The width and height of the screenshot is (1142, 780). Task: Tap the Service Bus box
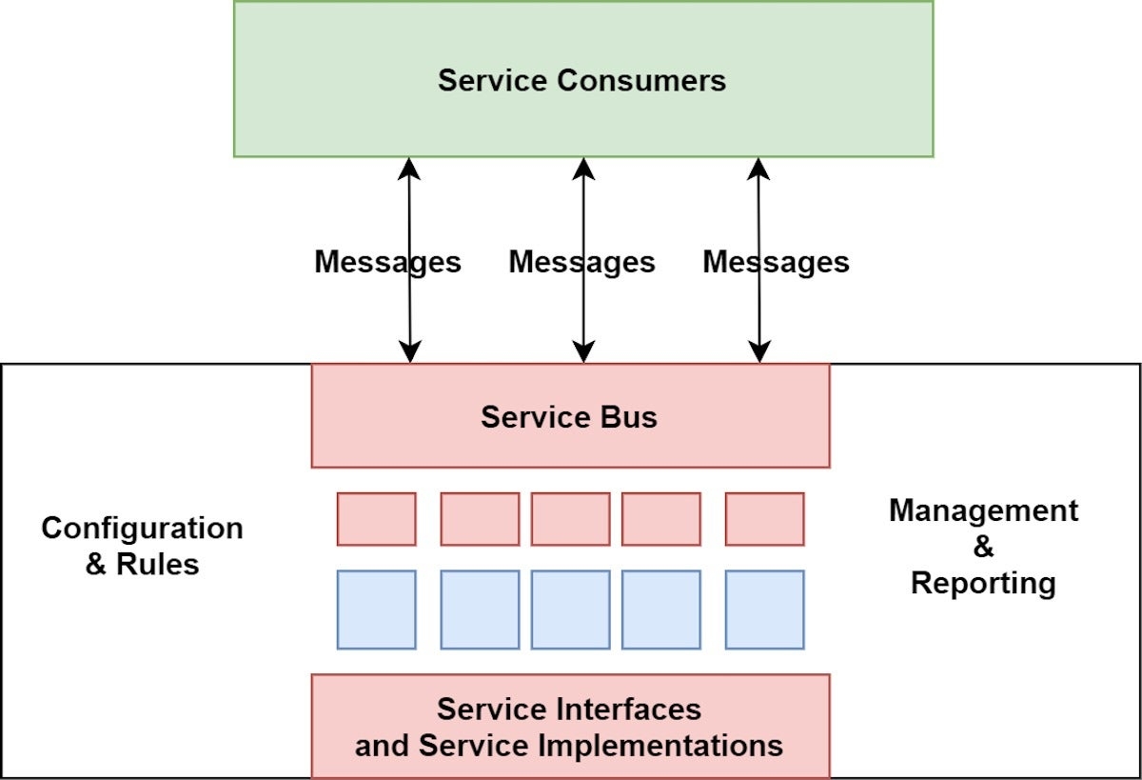(569, 417)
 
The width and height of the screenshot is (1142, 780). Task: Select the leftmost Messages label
(387, 262)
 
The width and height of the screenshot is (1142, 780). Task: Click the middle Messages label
(581, 262)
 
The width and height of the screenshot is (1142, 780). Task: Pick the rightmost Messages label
(776, 262)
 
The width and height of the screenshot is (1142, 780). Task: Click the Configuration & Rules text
(142, 546)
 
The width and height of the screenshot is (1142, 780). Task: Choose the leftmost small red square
(376, 519)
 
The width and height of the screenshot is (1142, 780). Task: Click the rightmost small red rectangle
(764, 519)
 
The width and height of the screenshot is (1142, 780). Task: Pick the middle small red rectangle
(570, 519)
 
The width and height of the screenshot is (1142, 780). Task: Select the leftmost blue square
(376, 610)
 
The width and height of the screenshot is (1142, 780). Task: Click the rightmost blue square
(764, 610)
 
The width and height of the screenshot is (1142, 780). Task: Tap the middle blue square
(570, 610)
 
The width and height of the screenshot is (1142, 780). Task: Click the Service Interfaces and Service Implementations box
(569, 727)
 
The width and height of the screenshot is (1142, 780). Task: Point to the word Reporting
(983, 583)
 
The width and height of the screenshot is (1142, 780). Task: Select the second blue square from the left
(480, 610)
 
